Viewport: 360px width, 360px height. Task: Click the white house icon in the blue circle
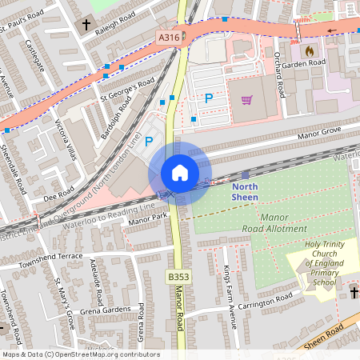click(x=180, y=173)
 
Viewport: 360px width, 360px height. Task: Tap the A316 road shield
click(x=168, y=36)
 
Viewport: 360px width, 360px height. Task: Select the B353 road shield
click(x=178, y=276)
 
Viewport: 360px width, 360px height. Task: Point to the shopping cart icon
click(x=247, y=100)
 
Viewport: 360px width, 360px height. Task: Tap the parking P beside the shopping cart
click(x=209, y=98)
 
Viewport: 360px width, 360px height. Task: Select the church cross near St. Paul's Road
click(x=86, y=25)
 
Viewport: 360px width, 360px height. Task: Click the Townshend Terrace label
click(x=51, y=256)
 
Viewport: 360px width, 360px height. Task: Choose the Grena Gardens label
click(x=106, y=310)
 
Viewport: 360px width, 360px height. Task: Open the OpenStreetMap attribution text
click(x=81, y=354)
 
